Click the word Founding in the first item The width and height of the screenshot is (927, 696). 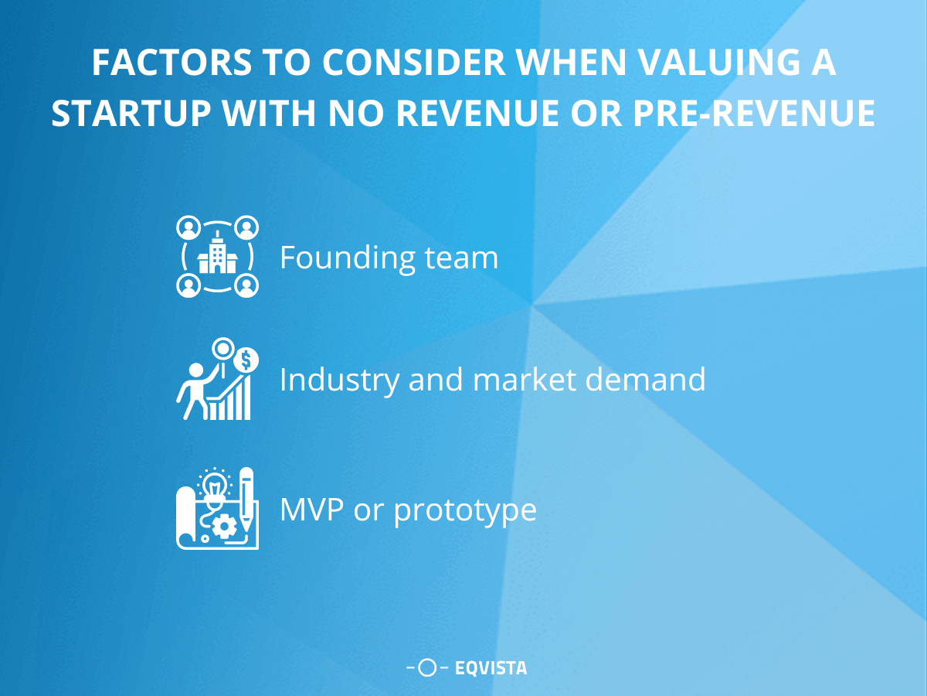[335, 258]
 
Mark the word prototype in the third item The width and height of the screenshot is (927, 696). [465, 511]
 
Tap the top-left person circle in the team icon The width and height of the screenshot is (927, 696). [188, 227]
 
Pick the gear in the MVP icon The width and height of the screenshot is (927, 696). [225, 526]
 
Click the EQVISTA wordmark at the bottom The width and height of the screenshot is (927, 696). [491, 667]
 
